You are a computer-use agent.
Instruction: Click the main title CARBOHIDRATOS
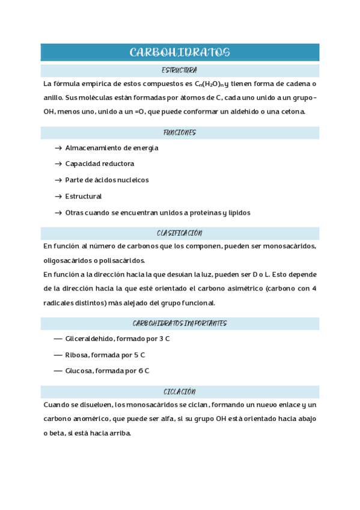click(x=180, y=52)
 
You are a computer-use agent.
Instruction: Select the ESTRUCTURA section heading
click(x=180, y=70)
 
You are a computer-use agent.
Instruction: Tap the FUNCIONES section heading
click(x=180, y=132)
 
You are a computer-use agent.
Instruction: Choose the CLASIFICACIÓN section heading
click(x=180, y=233)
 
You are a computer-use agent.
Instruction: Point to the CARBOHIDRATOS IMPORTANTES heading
click(x=180, y=323)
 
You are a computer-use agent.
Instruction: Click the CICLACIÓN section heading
click(x=180, y=391)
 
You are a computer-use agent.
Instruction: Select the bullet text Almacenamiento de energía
click(x=112, y=148)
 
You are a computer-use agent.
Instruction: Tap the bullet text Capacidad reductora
click(x=100, y=164)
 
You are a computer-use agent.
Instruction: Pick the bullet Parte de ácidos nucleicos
click(x=107, y=180)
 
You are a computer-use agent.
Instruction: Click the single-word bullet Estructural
click(x=84, y=196)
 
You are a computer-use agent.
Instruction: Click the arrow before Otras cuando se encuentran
click(x=58, y=213)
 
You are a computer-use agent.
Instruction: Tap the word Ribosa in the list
click(x=76, y=355)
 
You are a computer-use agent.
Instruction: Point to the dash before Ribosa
click(x=58, y=355)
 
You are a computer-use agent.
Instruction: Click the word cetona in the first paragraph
click(x=294, y=112)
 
